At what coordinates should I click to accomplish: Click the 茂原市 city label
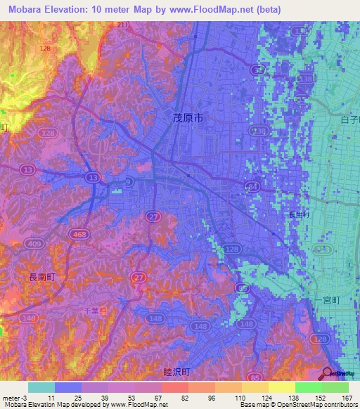coord(188,119)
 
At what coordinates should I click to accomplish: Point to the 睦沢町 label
coord(176,372)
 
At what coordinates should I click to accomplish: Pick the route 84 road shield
coord(252,186)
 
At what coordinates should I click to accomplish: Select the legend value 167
coord(347,396)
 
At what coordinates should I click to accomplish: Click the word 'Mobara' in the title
coord(22,10)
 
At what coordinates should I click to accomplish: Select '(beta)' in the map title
coord(262,10)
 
